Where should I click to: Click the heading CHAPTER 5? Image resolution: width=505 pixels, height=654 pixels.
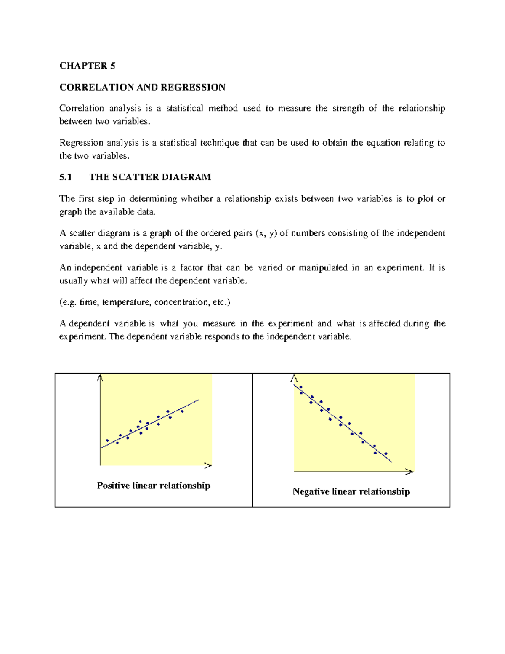click(87, 66)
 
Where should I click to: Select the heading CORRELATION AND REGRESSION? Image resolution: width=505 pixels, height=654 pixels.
click(142, 87)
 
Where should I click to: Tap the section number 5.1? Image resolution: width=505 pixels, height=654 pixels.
click(66, 177)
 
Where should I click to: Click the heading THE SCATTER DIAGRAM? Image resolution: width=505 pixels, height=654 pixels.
click(150, 177)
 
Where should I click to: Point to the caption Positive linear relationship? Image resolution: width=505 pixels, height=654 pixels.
click(154, 486)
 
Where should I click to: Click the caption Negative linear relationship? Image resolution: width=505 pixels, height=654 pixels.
click(351, 491)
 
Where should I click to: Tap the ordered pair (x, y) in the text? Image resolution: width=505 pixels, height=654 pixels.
click(266, 233)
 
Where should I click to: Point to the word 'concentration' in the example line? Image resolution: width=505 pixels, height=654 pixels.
click(181, 302)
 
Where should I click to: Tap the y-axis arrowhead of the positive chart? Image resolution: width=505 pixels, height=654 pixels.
click(100, 378)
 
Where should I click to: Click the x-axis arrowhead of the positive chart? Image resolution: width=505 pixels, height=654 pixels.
click(208, 465)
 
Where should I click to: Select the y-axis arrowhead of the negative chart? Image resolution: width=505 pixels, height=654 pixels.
click(294, 378)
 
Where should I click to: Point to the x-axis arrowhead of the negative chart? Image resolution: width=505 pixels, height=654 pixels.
click(409, 472)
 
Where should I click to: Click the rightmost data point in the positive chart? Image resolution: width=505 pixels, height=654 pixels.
click(182, 411)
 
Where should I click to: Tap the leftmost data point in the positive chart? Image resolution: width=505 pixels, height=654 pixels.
click(107, 440)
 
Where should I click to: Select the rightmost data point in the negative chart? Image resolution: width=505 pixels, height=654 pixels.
click(386, 454)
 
